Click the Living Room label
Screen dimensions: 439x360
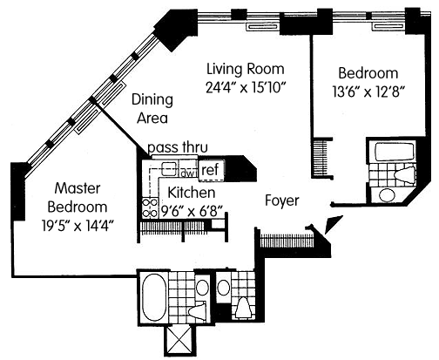pos(246,69)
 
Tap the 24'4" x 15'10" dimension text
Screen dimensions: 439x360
pos(247,87)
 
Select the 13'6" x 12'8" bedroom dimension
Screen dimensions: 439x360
pos(368,92)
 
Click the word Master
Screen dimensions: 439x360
pos(78,188)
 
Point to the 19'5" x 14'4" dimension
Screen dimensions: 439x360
pos(78,226)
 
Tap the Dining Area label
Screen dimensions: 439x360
pos(152,109)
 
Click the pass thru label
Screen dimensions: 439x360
pos(178,147)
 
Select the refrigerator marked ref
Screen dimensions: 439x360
pos(211,170)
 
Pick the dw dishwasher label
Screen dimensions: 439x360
pos(187,173)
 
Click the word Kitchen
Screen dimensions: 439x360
pos(192,193)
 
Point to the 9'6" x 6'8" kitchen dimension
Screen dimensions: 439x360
pos(192,211)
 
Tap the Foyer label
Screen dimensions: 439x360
pos(282,200)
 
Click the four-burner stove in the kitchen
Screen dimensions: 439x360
pos(150,208)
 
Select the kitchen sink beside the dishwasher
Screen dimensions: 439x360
pos(169,169)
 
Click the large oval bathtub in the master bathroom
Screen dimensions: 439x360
pos(154,297)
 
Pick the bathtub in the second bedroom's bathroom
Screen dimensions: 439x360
pos(395,152)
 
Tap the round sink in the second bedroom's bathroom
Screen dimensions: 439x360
pos(387,195)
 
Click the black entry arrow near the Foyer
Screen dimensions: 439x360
pos(333,224)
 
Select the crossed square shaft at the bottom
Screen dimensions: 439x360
pos(179,340)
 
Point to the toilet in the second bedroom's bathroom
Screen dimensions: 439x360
pos(404,175)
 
